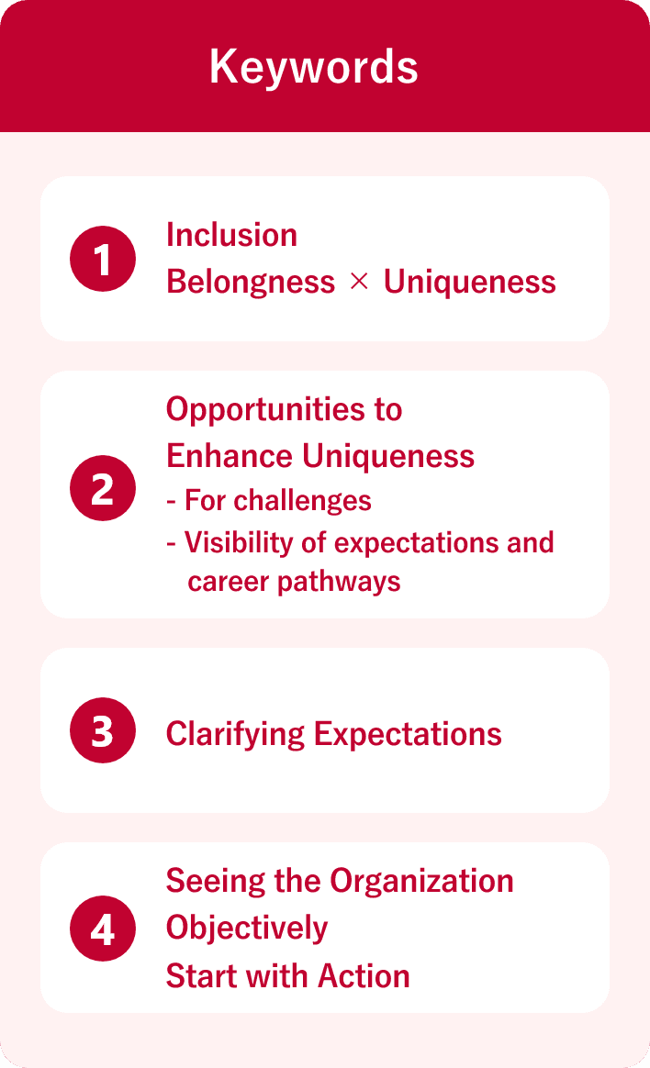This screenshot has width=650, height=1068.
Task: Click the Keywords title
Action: pyautogui.click(x=314, y=67)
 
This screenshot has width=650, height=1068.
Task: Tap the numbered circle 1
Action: pyautogui.click(x=103, y=259)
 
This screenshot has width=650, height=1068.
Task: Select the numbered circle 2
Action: pyautogui.click(x=103, y=488)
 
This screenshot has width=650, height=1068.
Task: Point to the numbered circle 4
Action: pyautogui.click(x=103, y=928)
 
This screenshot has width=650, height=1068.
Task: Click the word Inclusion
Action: pyautogui.click(x=231, y=235)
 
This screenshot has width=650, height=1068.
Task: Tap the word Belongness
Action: pyautogui.click(x=251, y=282)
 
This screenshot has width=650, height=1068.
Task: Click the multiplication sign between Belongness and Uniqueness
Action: pyautogui.click(x=359, y=283)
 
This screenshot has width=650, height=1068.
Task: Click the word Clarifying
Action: pyautogui.click(x=235, y=734)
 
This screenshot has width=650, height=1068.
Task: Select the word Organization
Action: pyautogui.click(x=421, y=881)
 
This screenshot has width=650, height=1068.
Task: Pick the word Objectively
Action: pyautogui.click(x=247, y=928)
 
